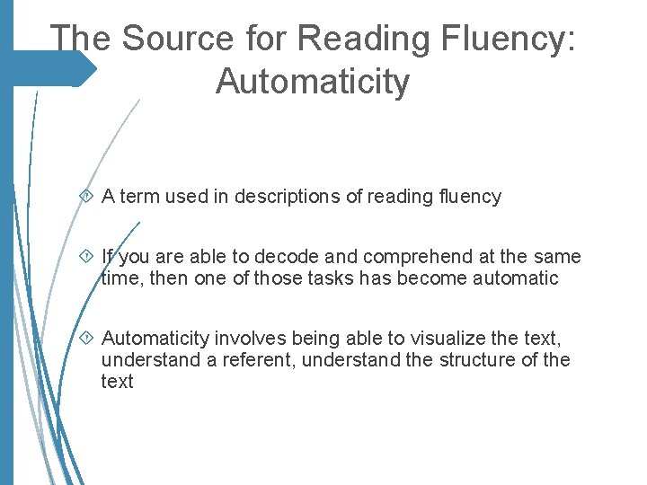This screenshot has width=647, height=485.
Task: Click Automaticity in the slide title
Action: pos(312,82)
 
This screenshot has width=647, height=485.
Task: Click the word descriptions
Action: pos(287,197)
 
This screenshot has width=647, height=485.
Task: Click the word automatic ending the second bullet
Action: pos(518,278)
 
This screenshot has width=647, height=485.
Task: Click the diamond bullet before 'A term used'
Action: pos(88,196)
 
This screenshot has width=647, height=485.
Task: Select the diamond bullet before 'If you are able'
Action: pos(88,257)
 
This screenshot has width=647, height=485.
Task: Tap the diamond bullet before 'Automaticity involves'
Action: pos(88,338)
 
